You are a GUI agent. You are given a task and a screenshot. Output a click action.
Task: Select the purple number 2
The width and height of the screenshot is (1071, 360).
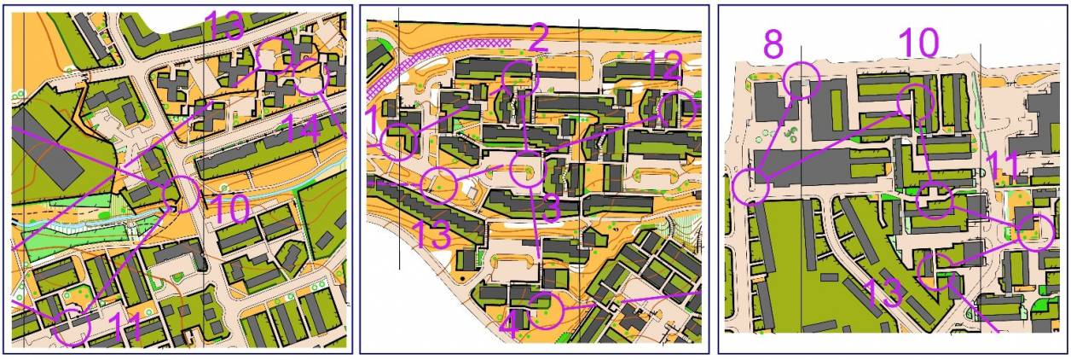pyautogui.click(x=537, y=38)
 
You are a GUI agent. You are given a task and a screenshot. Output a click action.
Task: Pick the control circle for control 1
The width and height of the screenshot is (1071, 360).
pyautogui.click(x=397, y=142)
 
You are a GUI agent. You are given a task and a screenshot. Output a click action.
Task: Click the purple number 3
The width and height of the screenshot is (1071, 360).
pyautogui.click(x=550, y=210)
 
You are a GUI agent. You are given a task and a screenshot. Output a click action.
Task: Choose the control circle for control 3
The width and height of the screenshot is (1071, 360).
pyautogui.click(x=527, y=170)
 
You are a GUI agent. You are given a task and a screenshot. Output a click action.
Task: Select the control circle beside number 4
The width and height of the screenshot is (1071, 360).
pyautogui.click(x=547, y=311)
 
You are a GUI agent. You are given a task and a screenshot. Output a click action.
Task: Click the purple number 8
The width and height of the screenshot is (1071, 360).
pyautogui.click(x=773, y=45)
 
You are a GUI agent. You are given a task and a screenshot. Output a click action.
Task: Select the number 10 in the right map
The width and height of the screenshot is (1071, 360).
pyautogui.click(x=918, y=43)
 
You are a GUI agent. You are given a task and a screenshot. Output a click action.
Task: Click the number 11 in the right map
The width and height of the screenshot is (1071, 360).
pyautogui.click(x=1002, y=165)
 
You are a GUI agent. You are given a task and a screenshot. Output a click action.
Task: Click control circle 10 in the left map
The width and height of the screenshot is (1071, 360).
pyautogui.click(x=181, y=193)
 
